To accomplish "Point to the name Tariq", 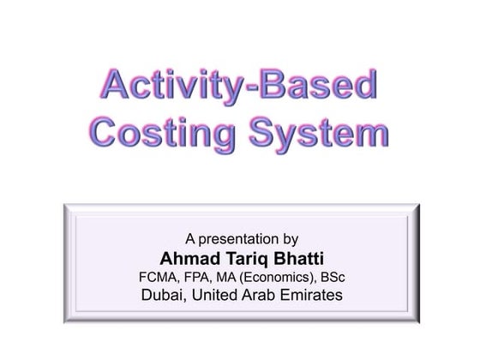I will coord(238,258).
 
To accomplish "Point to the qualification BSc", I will coord(332,277).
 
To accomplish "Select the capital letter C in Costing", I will coord(107,135).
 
